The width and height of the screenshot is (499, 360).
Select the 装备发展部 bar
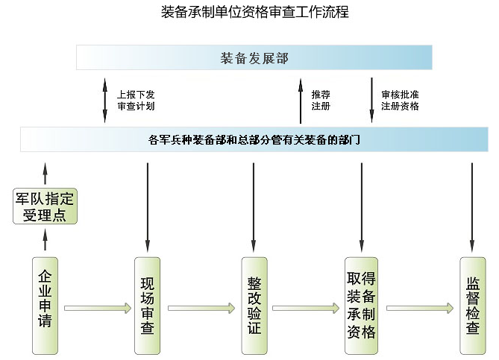pos(254,58)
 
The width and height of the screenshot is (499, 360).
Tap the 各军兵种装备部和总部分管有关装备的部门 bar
pos(254,139)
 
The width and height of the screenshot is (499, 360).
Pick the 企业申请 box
pos(45,305)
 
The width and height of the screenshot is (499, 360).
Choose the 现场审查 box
pos(148,306)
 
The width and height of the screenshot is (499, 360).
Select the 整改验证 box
pos(254,306)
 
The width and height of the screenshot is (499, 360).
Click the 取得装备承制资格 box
pos(362,306)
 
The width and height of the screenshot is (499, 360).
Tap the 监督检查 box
pos(472,306)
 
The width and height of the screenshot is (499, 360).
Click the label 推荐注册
pos(321,100)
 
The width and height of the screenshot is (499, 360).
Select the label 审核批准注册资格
pos(400,100)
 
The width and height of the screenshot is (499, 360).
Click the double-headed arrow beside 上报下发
pos(105,99)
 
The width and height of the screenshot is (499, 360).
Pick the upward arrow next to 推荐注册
pos(300,101)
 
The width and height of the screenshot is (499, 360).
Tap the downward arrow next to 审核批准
pos(371,99)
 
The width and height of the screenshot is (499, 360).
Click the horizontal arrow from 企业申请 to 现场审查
pos(97,307)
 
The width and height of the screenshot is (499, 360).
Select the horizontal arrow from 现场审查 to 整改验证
pos(201,307)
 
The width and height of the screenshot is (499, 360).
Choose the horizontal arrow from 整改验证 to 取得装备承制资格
pos(307,307)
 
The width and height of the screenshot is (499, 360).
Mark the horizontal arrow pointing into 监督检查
pos(420,307)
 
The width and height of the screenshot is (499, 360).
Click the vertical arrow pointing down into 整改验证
pos(254,207)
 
